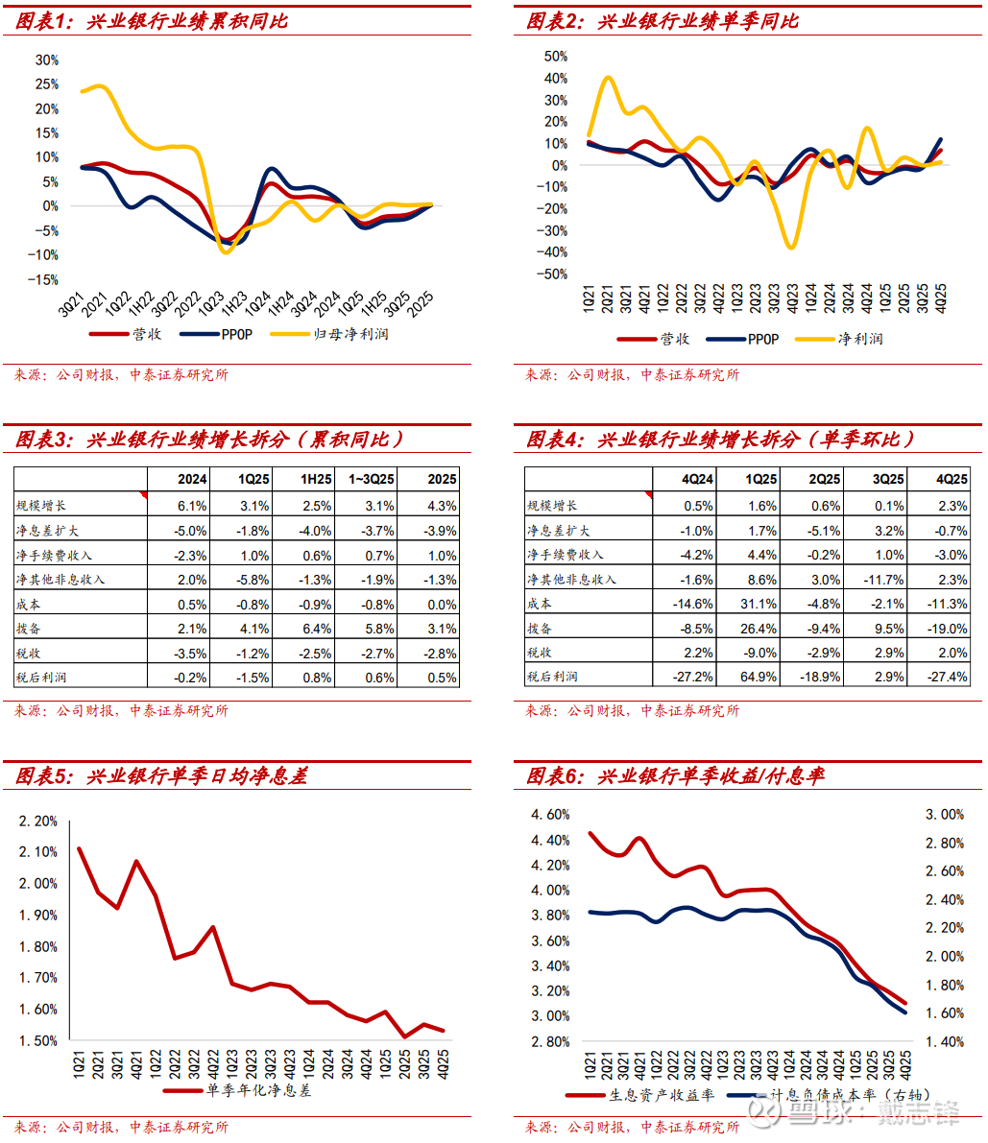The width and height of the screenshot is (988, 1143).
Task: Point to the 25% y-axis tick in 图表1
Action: (x=46, y=83)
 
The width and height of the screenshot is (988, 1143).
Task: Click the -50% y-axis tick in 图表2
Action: (x=555, y=274)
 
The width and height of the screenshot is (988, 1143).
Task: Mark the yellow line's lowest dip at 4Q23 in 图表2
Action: (x=791, y=248)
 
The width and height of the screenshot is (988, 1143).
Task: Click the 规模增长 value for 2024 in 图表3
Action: (x=192, y=505)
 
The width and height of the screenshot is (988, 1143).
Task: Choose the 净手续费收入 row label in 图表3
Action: (x=55, y=555)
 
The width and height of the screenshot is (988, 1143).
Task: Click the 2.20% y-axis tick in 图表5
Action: (x=38, y=821)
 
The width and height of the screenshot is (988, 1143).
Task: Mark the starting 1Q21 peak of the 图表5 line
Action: (x=79, y=848)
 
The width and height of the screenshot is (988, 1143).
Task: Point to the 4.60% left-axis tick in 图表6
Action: (x=550, y=815)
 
